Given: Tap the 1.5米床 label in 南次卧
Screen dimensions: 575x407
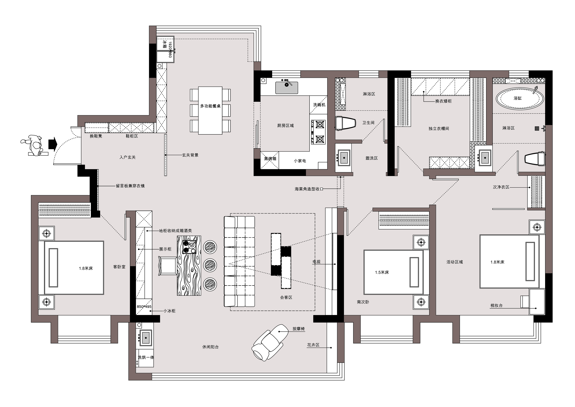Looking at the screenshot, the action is tap(382, 272).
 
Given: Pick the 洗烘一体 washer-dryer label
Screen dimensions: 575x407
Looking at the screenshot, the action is tap(146, 357).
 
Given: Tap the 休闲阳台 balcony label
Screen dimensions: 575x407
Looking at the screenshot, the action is tap(210, 347).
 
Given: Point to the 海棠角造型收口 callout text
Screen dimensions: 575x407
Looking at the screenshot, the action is tap(309, 189).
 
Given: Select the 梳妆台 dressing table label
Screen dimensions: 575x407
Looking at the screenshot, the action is tap(496, 305).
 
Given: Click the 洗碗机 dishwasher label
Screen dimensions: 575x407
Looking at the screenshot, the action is tap(319, 105).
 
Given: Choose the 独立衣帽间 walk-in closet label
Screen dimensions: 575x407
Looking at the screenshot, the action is tap(438, 129).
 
